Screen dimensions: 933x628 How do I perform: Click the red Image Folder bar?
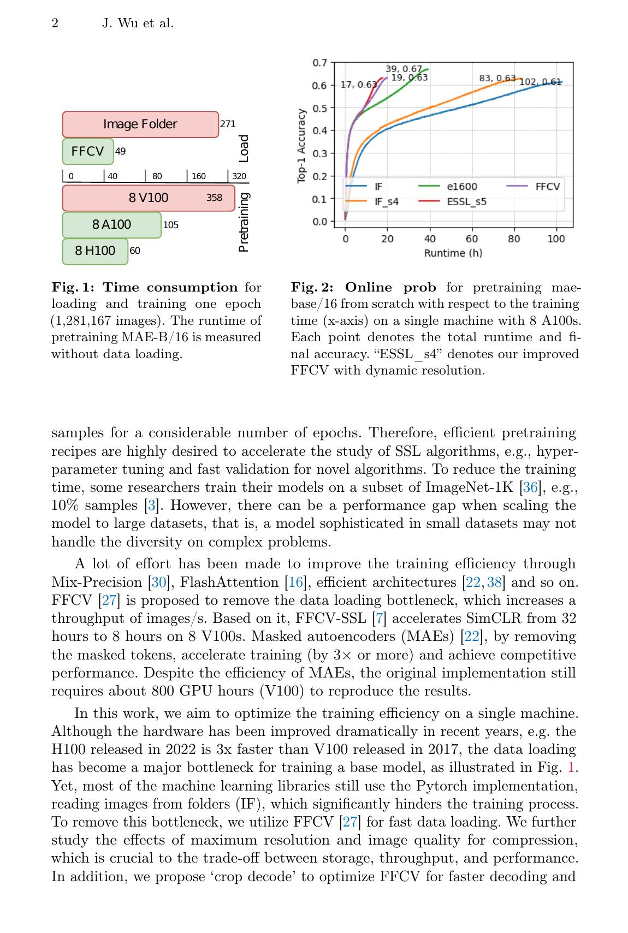[140, 124]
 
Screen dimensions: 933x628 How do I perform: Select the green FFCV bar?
[87, 151]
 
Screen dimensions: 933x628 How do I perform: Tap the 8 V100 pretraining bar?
[149, 198]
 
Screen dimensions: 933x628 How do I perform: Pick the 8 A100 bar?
[111, 224]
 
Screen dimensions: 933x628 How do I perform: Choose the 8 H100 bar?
[95, 251]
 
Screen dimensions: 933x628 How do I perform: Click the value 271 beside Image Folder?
[228, 124]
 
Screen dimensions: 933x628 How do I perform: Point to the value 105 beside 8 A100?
[171, 225]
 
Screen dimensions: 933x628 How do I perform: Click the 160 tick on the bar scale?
[199, 176]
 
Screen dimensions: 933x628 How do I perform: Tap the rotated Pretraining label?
[244, 223]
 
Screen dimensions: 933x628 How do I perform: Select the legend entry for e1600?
[461, 187]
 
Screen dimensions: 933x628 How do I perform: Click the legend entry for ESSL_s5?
[466, 202]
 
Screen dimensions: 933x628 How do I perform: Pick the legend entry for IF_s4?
[386, 202]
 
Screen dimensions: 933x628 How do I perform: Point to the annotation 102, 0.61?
[540, 82]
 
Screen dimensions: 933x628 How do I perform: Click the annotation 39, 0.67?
[404, 69]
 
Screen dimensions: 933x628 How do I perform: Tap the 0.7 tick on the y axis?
[320, 63]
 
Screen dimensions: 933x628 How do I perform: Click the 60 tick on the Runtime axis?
[472, 239]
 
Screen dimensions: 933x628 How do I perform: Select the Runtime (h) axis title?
[453, 253]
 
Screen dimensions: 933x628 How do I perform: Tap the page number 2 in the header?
[55, 23]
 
